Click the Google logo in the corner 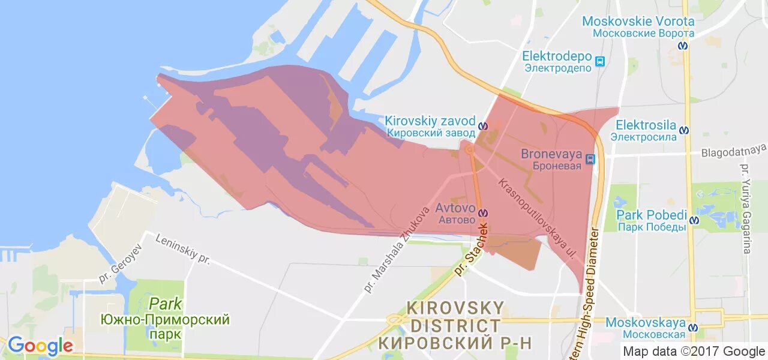point(40,346)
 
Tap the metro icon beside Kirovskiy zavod point(484,126)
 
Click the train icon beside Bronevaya point(591,159)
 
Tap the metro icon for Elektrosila point(684,130)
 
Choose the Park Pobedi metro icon point(695,220)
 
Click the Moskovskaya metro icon point(693,328)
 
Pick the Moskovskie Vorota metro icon point(683,45)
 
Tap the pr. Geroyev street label point(121,263)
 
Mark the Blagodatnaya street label point(734,150)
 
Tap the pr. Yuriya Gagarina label point(746,208)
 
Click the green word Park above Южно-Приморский point(166,304)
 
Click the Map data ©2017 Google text point(694,352)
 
